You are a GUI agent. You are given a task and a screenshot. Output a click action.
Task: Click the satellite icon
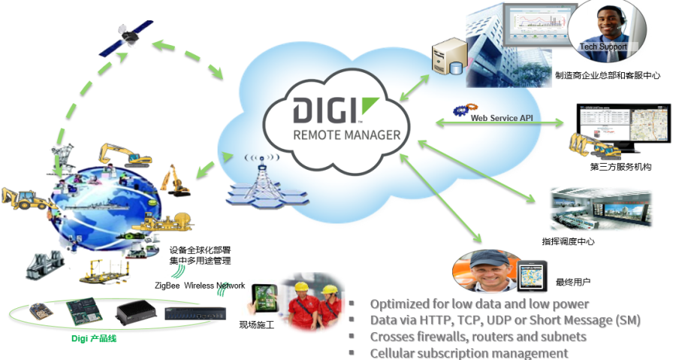click(x=126, y=38)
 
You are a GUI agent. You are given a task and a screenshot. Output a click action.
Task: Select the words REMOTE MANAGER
click(x=346, y=135)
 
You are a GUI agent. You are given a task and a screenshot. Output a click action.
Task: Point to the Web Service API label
click(x=502, y=118)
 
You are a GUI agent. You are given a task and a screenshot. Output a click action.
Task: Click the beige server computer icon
click(x=449, y=56)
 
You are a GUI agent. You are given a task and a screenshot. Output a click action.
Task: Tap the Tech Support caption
click(x=602, y=47)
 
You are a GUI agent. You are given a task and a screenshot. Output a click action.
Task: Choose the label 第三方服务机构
click(x=620, y=167)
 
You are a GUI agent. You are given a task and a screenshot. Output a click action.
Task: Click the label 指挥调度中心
click(x=568, y=241)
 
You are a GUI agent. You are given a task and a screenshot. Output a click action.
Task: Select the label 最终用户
click(x=573, y=283)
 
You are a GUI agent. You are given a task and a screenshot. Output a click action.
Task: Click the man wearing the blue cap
click(x=488, y=271)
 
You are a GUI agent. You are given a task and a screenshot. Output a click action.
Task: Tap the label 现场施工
click(x=257, y=325)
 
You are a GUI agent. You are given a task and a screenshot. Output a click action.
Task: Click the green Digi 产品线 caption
click(x=94, y=338)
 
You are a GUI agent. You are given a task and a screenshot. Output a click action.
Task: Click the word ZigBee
click(x=167, y=286)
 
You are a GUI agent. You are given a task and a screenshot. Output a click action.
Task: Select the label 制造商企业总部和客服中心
click(x=608, y=76)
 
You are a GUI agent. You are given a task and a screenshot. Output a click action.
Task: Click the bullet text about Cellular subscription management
click(x=469, y=353)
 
